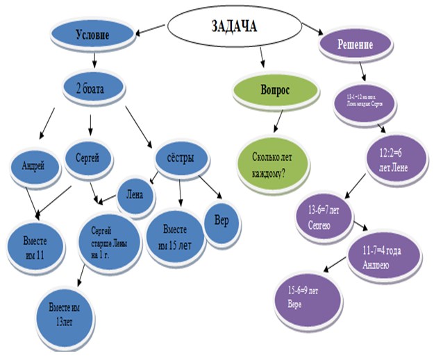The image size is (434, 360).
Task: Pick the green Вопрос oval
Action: click(265, 91)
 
